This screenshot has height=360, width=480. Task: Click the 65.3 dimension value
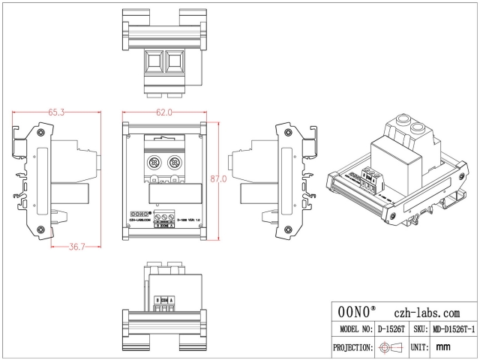pyautogui.click(x=57, y=112)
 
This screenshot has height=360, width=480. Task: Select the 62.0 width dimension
pyautogui.click(x=164, y=112)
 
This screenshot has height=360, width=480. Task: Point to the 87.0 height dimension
pyautogui.click(x=219, y=180)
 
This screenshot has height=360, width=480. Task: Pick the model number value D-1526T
pyautogui.click(x=391, y=329)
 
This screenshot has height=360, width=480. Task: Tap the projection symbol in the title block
pyautogui.click(x=391, y=347)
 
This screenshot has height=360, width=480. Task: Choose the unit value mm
pyautogui.click(x=442, y=347)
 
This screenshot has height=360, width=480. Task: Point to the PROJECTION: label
pyautogui.click(x=352, y=347)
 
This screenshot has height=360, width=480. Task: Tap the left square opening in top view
pyautogui.click(x=154, y=60)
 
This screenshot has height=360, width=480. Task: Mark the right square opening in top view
pyautogui.click(x=175, y=60)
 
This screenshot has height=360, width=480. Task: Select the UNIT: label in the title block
pyautogui.click(x=419, y=347)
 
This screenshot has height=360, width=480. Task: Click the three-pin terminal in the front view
pyautogui.click(x=164, y=217)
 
